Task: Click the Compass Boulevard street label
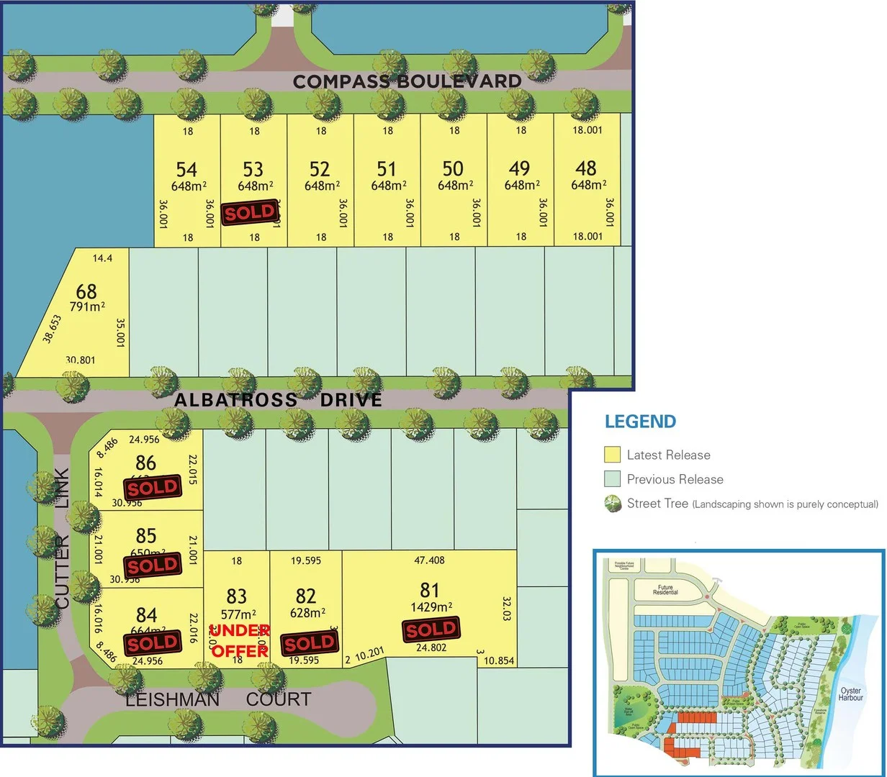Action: (407, 81)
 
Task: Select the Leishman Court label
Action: (218, 699)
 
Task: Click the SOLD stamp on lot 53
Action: (250, 212)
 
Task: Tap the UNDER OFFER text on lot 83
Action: (239, 640)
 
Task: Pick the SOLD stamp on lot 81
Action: (431, 630)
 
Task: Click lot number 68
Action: (86, 291)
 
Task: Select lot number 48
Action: (586, 168)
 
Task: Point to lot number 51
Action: (387, 169)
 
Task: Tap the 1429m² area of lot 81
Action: (430, 606)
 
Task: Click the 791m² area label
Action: (87, 306)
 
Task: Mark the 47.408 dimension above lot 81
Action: (429, 560)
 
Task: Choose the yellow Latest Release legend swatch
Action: (612, 455)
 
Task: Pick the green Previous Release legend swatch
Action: (612, 479)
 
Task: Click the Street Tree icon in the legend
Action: (613, 504)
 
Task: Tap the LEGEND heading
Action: (640, 422)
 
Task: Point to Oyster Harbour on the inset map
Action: (850, 694)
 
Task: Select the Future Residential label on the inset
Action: (665, 590)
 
